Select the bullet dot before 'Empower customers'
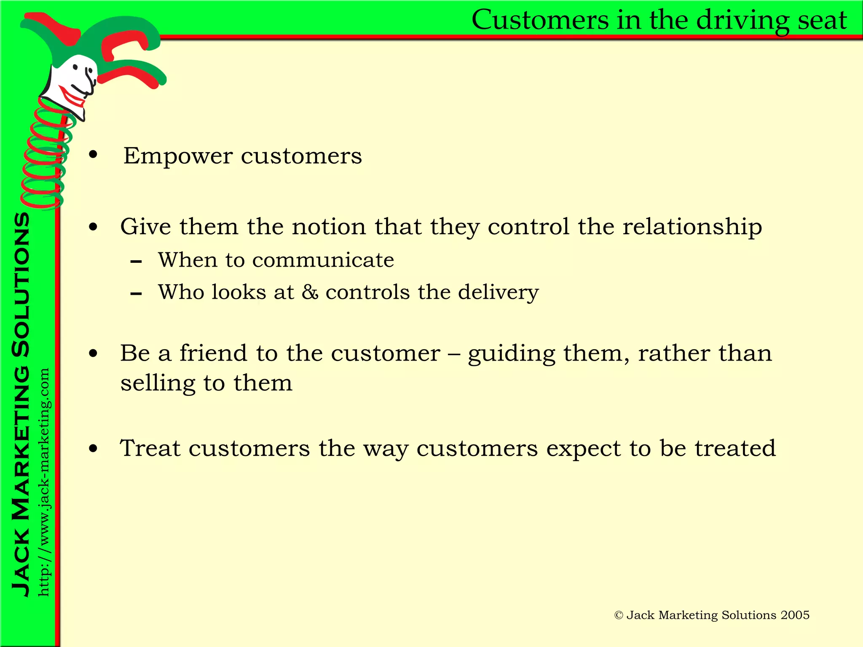click(93, 155)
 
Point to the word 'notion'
click(329, 227)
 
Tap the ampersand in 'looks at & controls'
click(310, 292)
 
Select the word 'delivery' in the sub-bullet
click(498, 292)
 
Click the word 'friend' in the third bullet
click(213, 353)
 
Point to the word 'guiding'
click(511, 354)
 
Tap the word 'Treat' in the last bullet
click(150, 448)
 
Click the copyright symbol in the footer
click(619, 615)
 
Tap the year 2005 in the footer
click(795, 615)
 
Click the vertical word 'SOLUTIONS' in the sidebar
click(21, 285)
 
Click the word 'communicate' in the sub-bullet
click(323, 260)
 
